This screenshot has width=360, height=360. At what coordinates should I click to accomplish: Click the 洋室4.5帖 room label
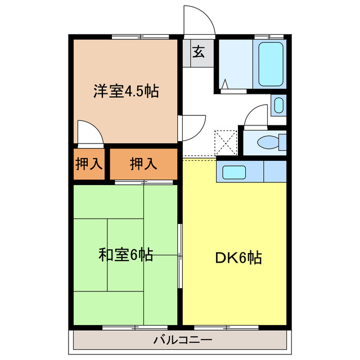tap(126, 91)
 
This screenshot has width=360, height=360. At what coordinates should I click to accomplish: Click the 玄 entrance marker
tap(199, 52)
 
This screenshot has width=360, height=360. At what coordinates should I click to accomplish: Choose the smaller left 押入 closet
tap(89, 164)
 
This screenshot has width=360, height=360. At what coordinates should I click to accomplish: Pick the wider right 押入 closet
tap(143, 164)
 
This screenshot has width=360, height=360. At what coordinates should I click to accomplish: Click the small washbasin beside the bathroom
tap(278, 105)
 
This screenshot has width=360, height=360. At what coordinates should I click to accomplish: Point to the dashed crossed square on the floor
tap(227, 142)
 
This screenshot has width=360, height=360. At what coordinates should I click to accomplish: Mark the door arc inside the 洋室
tap(90, 133)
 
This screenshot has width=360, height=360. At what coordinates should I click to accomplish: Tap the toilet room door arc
tap(257, 115)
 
